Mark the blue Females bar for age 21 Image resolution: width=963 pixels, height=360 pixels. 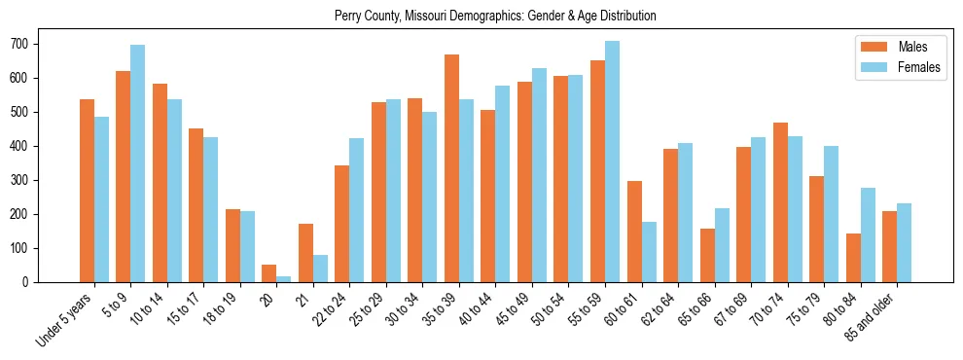point(320,269)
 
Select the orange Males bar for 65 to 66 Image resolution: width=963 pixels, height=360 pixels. point(707,255)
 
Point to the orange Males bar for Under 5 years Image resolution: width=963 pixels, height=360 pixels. point(87,191)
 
